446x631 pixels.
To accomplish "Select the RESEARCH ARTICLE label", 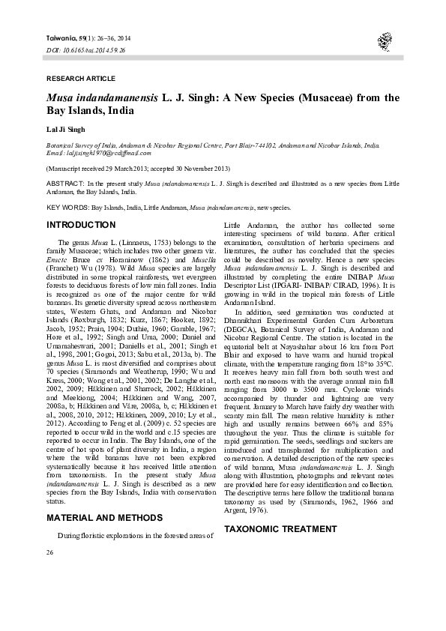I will point(80,79).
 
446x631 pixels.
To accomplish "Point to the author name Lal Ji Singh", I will point(67,130).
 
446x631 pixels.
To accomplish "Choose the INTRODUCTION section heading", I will point(81,225).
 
